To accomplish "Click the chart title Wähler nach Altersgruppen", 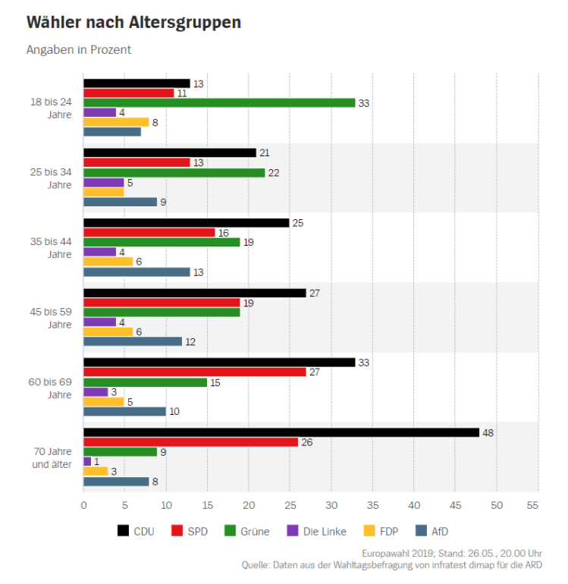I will tap(133, 23).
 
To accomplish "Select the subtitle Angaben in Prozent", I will tap(79, 50).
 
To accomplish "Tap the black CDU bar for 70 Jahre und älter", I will tap(281, 432).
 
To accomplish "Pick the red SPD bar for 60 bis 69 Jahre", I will tap(195, 372).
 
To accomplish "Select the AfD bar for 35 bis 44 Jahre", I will tap(137, 272).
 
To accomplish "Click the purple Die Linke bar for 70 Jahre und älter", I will tap(87, 461).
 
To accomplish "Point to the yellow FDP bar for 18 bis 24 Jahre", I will tap(116, 122).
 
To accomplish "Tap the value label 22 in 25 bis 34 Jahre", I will tap(274, 173).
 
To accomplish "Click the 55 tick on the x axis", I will tap(538, 504).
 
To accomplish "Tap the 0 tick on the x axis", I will tap(83, 504).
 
